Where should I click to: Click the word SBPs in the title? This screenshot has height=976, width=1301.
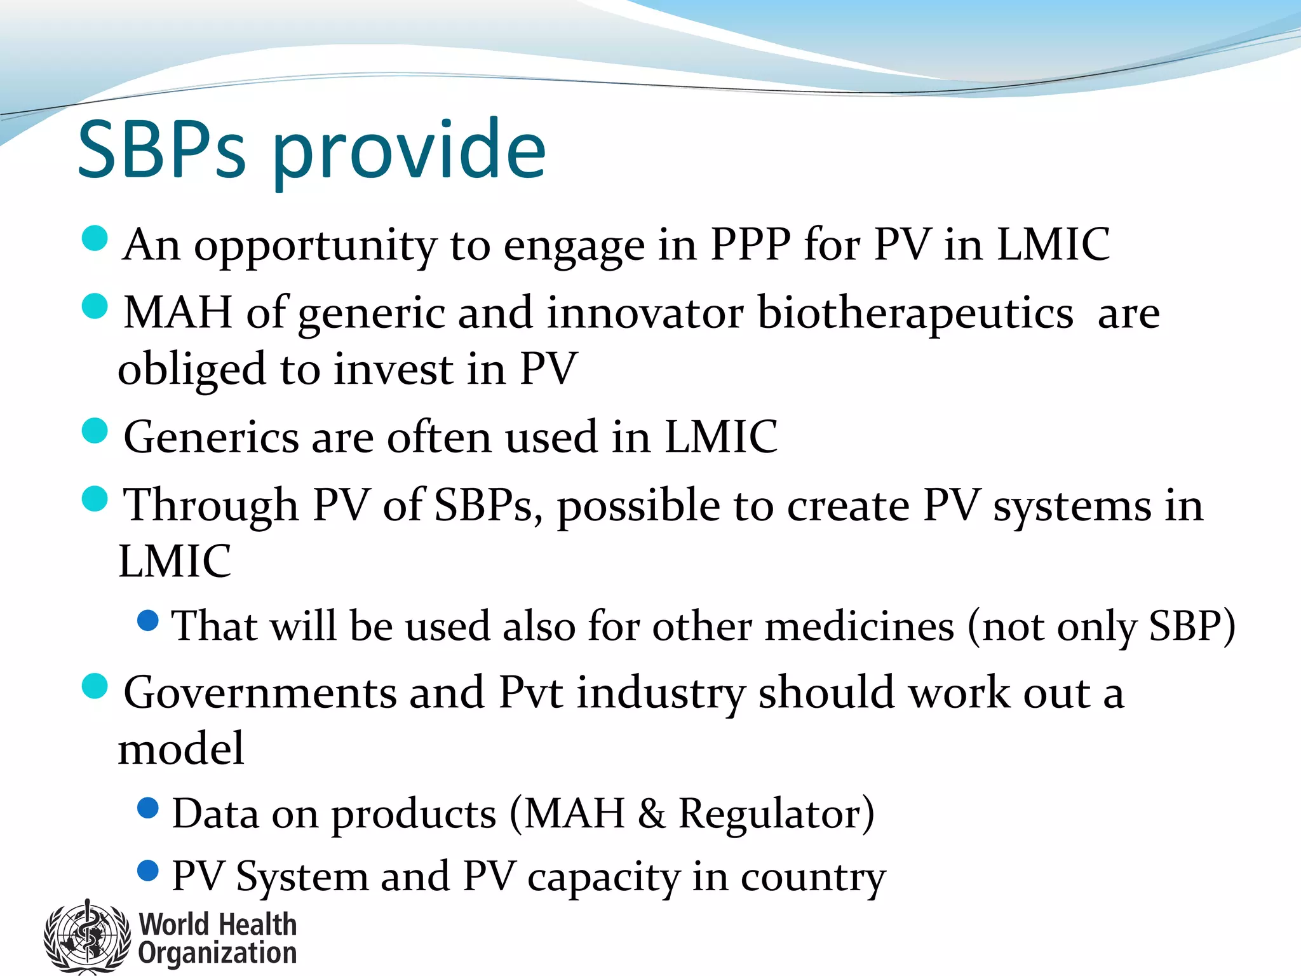click(x=161, y=151)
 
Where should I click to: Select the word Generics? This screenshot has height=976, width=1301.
click(x=211, y=437)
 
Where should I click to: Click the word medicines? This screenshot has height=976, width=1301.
click(x=859, y=626)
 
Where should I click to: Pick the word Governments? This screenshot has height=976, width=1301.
click(x=260, y=692)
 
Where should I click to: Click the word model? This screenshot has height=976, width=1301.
click(x=181, y=749)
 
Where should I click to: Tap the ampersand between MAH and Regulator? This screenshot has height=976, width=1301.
click(x=652, y=814)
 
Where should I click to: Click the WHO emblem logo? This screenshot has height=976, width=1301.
click(x=86, y=936)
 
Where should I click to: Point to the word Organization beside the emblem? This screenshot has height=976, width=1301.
click(x=218, y=953)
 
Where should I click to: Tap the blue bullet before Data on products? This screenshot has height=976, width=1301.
click(x=147, y=808)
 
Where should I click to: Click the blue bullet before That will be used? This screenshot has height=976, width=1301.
click(x=147, y=620)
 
